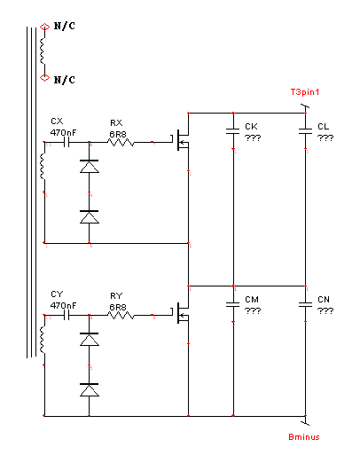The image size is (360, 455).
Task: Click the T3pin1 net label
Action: point(305,92)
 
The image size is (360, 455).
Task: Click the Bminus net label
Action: point(304,437)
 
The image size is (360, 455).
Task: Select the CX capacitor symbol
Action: point(67,143)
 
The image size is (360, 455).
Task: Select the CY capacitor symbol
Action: point(67,316)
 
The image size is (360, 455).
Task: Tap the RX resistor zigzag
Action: point(121,143)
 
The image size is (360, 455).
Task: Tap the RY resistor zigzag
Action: point(121,316)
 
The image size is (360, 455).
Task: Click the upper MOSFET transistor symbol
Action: point(180,140)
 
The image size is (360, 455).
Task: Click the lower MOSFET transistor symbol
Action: point(180,313)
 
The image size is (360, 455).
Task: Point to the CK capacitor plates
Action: point(233,131)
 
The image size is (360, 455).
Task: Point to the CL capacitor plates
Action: point(305,131)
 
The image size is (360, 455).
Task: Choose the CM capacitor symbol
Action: point(233,304)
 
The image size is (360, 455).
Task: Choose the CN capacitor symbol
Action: point(305,304)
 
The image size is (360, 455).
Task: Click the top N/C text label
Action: point(65,26)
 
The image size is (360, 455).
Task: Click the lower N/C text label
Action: point(65,80)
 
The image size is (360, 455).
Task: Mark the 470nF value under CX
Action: point(63,132)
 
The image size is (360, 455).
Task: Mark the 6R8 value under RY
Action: point(118,308)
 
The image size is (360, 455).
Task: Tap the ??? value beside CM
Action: point(253,310)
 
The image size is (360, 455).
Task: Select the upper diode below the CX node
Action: point(90,167)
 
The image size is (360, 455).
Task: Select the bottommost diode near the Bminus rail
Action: point(90,390)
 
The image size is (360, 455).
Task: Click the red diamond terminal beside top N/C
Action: point(44,27)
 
